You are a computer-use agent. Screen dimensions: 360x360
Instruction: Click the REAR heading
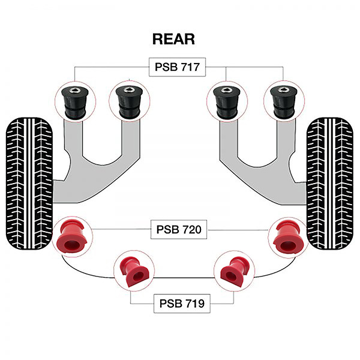pos(173,39)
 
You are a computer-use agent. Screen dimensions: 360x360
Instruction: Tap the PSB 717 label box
pos(177,67)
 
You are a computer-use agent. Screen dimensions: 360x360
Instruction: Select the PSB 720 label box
pos(179,229)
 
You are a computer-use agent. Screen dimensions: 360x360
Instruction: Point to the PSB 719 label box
pos(182,304)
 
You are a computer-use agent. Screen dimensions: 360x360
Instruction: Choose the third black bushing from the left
pos(227,101)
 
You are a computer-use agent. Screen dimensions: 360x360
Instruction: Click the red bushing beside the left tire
pos(73,237)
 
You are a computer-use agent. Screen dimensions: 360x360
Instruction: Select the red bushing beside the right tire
pos(289,237)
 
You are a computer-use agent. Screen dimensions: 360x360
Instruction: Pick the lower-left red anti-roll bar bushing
pos(134,271)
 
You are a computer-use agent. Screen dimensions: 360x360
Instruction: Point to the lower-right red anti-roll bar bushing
pos(234,271)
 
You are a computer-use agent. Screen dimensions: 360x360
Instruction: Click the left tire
pos(29,184)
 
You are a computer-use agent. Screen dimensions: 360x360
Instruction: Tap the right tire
pos(330,184)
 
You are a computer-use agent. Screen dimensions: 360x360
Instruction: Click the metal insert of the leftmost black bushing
pos(75,90)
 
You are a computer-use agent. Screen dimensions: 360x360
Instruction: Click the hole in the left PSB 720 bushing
pos(71,245)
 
